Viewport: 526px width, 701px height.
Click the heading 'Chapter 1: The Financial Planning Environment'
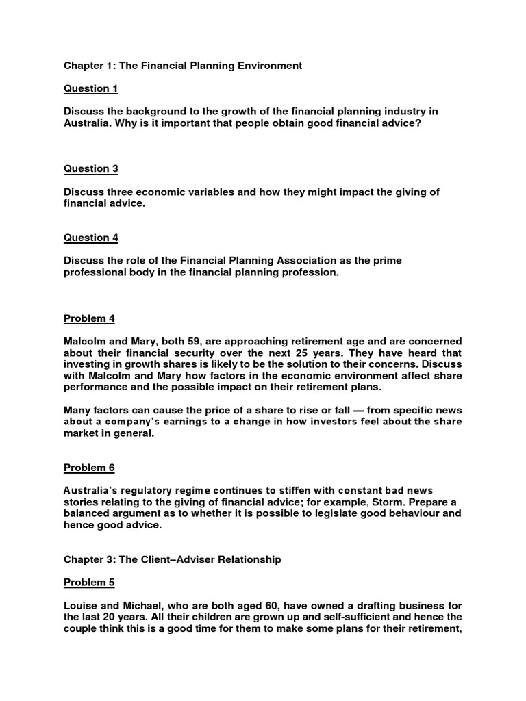pyautogui.click(x=183, y=66)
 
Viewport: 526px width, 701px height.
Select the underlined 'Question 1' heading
pyautogui.click(x=86, y=88)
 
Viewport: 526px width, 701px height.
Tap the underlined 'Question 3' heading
pyautogui.click(x=86, y=168)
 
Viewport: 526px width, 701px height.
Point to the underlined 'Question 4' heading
pyautogui.click(x=86, y=238)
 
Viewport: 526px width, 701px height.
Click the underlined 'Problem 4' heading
pyautogui.click(x=85, y=318)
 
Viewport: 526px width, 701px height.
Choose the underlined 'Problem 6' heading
pyautogui.click(x=85, y=468)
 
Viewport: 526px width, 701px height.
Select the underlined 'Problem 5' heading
pyautogui.click(x=85, y=583)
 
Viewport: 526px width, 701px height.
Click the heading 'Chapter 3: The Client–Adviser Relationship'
pyautogui.click(x=172, y=559)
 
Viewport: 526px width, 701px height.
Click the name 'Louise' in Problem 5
pyautogui.click(x=81, y=606)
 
